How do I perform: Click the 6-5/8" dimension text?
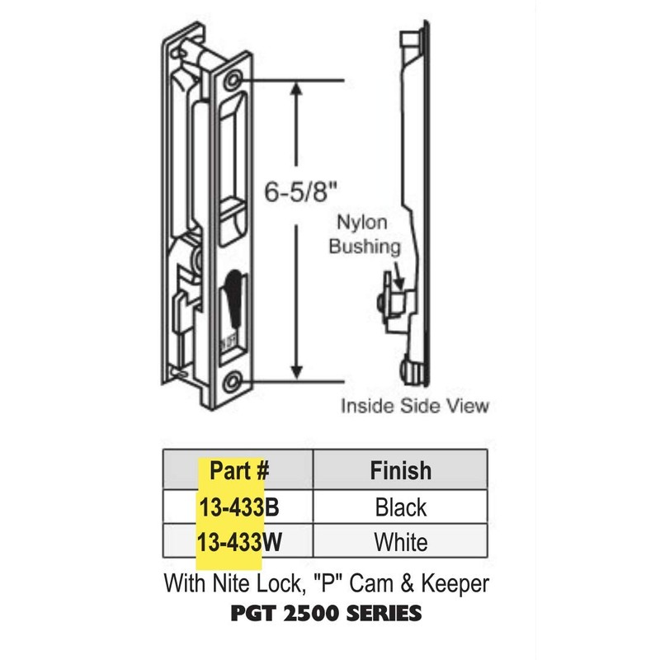pos(300,192)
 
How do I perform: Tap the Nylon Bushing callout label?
pos(365,234)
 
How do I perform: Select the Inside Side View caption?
pos(416,406)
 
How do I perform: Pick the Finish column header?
pos(400,470)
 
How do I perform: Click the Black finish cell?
pos(400,506)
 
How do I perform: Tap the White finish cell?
pos(400,542)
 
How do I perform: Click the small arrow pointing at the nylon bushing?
pos(396,272)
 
